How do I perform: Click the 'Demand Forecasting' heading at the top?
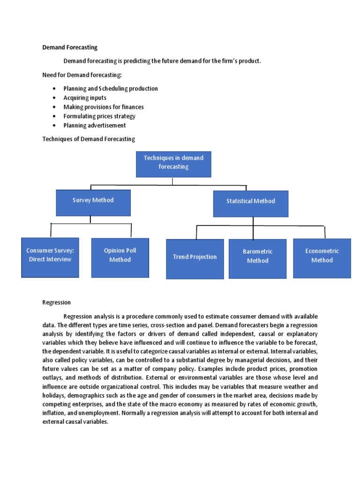tap(70, 47)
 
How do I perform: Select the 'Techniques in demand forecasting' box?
tap(173, 164)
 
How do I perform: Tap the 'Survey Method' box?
tap(93, 202)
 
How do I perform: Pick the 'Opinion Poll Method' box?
tap(120, 257)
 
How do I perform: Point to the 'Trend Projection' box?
tap(195, 258)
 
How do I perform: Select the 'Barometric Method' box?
tap(257, 258)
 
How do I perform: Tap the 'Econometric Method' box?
tap(322, 257)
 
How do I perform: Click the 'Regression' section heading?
tap(56, 302)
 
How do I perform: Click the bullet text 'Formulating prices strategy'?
tap(99, 116)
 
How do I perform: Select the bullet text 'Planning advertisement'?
tap(95, 125)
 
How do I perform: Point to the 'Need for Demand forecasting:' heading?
tap(82, 75)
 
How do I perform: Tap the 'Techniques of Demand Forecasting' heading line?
tap(89, 139)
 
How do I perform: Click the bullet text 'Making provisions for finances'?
tap(104, 107)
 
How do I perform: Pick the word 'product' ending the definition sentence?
tap(248, 61)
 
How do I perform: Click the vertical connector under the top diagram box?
tap(173, 181)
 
